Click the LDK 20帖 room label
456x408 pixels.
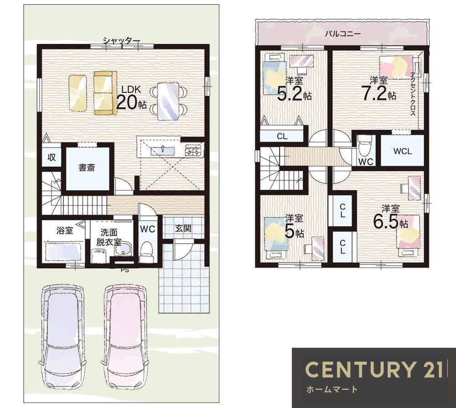[x=131, y=98]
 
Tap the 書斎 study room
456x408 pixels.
[x=87, y=168]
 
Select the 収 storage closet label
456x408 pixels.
[x=52, y=157]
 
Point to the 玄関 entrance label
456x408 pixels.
[x=183, y=228]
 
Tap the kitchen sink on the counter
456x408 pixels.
[x=163, y=151]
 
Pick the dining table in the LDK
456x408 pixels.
[x=168, y=101]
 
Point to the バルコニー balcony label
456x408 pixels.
[x=343, y=34]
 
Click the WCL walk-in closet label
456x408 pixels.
[x=403, y=152]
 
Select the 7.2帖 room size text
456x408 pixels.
[x=378, y=93]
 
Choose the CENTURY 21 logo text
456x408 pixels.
[x=374, y=369]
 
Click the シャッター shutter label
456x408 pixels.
[x=121, y=41]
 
